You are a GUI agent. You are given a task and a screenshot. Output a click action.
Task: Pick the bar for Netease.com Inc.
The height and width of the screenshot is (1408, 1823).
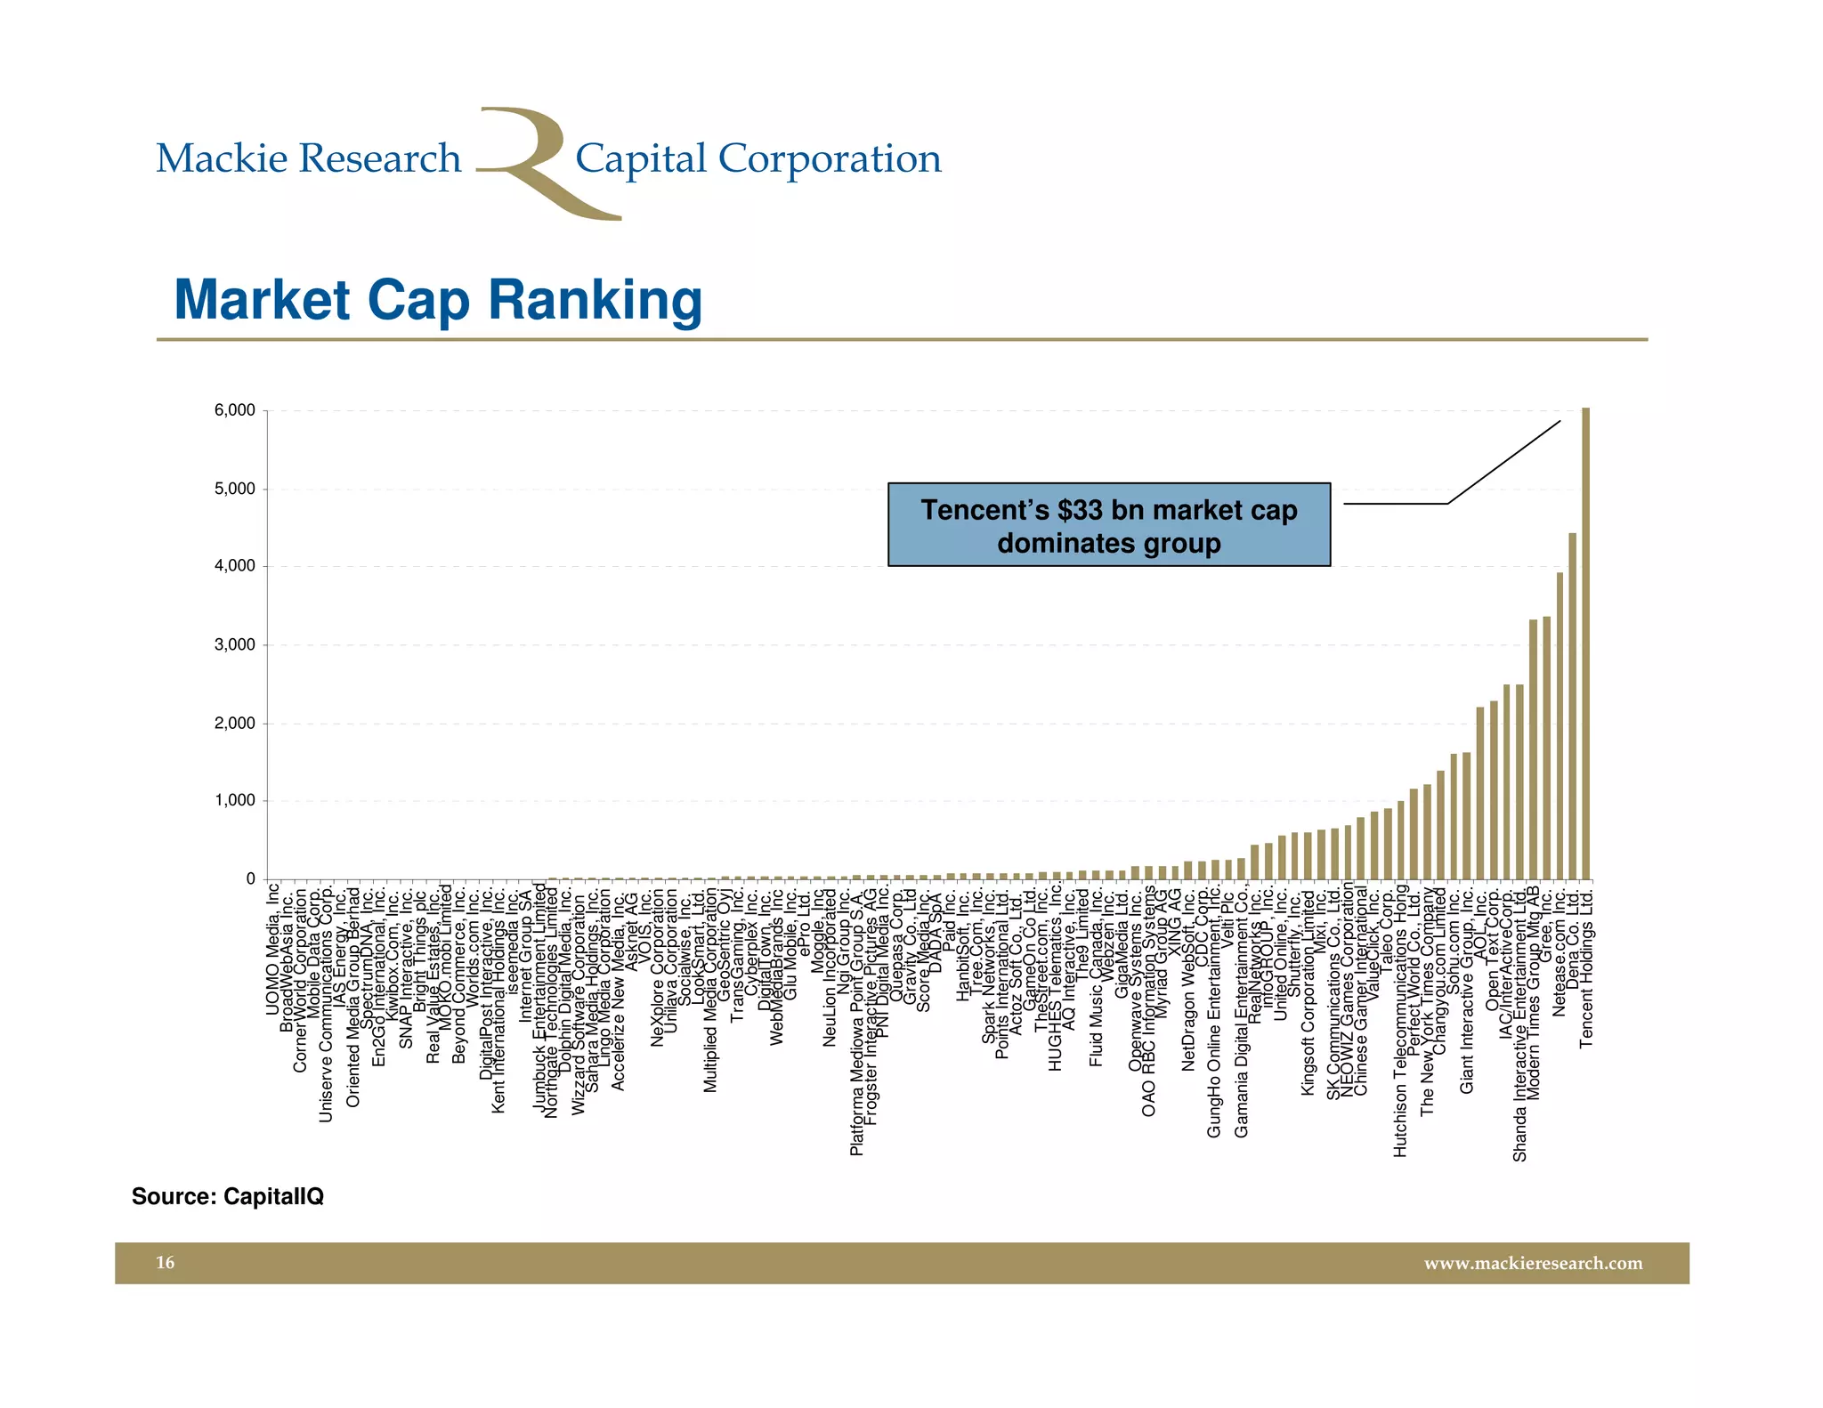coord(1560,725)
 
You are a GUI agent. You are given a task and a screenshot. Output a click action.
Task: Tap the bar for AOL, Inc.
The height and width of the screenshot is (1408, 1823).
coord(1480,793)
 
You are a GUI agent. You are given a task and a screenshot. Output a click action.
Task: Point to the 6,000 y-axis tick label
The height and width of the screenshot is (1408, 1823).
coord(234,410)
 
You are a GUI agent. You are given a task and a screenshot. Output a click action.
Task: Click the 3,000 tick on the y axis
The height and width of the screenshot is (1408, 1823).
coord(234,644)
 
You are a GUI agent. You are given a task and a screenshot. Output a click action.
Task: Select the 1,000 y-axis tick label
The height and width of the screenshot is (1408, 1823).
coord(234,800)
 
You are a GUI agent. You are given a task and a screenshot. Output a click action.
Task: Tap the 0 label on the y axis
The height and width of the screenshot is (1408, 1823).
coord(250,878)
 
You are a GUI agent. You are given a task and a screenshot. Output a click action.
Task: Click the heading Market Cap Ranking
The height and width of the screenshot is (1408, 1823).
coord(438,300)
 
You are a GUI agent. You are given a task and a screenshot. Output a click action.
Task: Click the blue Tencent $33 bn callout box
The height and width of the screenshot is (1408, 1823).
coord(1108,525)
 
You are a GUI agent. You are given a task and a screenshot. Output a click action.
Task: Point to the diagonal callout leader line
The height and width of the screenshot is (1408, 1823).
coord(1504,461)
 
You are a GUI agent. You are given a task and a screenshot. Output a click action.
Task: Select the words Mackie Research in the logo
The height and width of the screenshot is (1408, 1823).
coord(308,159)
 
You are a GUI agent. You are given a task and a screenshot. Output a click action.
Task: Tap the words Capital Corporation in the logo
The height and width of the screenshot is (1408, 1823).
coord(758,159)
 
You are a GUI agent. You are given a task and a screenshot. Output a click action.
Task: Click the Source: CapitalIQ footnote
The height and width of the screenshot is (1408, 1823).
coord(227,1196)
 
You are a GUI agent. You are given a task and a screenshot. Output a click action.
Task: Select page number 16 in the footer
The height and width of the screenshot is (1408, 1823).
coord(166,1263)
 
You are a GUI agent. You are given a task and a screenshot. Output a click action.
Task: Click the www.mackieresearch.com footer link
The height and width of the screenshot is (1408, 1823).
coord(1533,1263)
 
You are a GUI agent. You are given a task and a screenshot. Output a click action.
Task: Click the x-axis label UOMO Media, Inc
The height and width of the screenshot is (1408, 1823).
coord(273,948)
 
